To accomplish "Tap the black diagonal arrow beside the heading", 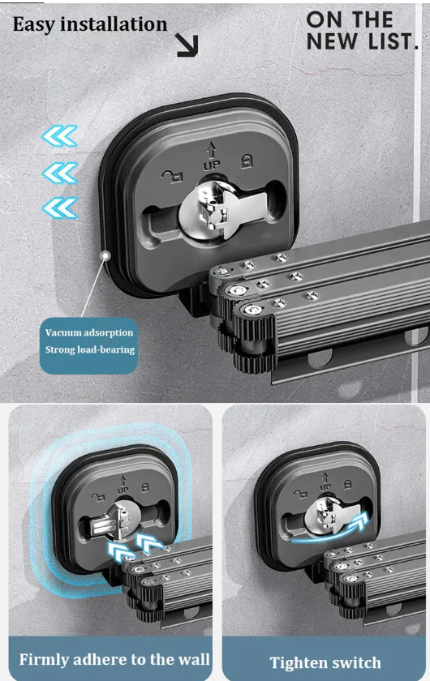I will [187, 45].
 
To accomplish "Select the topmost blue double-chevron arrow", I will [59, 136].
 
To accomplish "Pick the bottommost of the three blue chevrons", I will [59, 208].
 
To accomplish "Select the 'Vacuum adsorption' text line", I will [89, 332].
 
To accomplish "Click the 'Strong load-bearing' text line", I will [90, 350].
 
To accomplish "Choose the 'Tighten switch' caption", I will [326, 662].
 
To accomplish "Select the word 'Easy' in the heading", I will [35, 25].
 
